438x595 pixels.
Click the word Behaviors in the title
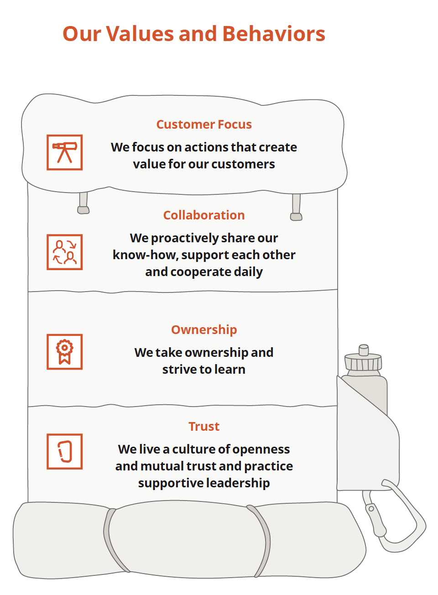click(x=274, y=34)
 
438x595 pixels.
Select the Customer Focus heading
click(x=204, y=125)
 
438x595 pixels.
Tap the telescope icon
click(x=65, y=152)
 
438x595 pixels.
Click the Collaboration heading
click(x=204, y=215)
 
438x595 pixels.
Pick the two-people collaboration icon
click(x=65, y=252)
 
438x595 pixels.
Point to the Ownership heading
click(x=204, y=330)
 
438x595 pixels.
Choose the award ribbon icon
click(x=65, y=352)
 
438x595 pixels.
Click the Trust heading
click(x=204, y=427)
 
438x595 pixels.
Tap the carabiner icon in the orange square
click(x=65, y=451)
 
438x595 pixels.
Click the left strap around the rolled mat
click(x=112, y=541)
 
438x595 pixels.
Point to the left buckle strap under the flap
click(x=83, y=203)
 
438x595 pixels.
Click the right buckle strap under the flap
click(x=296, y=208)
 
